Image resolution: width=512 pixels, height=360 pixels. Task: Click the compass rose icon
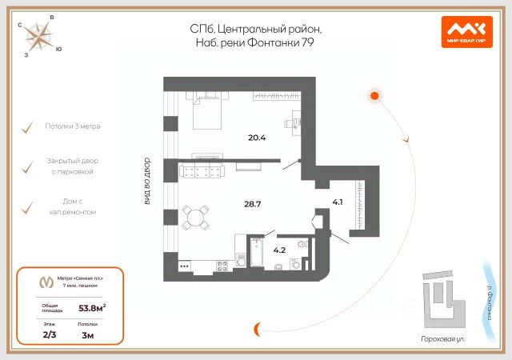[37, 36]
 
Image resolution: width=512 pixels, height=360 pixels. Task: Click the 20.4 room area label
[257, 138]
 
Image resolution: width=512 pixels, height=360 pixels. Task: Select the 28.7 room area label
[253, 204]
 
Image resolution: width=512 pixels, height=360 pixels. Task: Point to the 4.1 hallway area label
[337, 202]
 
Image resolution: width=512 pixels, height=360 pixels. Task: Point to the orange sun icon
[373, 96]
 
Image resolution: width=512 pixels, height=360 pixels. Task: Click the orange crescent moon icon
[257, 328]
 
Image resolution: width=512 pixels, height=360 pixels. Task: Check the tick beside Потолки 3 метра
[29, 127]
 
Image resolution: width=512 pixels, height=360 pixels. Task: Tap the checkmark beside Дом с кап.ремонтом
[29, 207]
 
